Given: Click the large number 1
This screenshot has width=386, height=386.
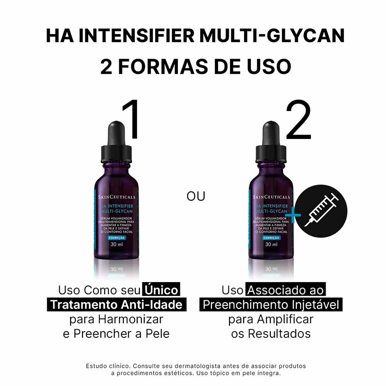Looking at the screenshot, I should click(130, 120).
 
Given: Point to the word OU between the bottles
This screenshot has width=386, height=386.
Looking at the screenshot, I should click(196, 196).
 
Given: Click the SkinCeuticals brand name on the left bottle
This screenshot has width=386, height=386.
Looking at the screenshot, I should click(115, 197).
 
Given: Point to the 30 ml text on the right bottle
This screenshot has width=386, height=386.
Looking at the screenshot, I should click(271, 244).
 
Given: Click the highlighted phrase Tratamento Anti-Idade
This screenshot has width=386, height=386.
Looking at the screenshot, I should click(117, 305).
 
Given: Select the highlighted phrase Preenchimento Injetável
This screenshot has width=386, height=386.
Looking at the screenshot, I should click(271, 305).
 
